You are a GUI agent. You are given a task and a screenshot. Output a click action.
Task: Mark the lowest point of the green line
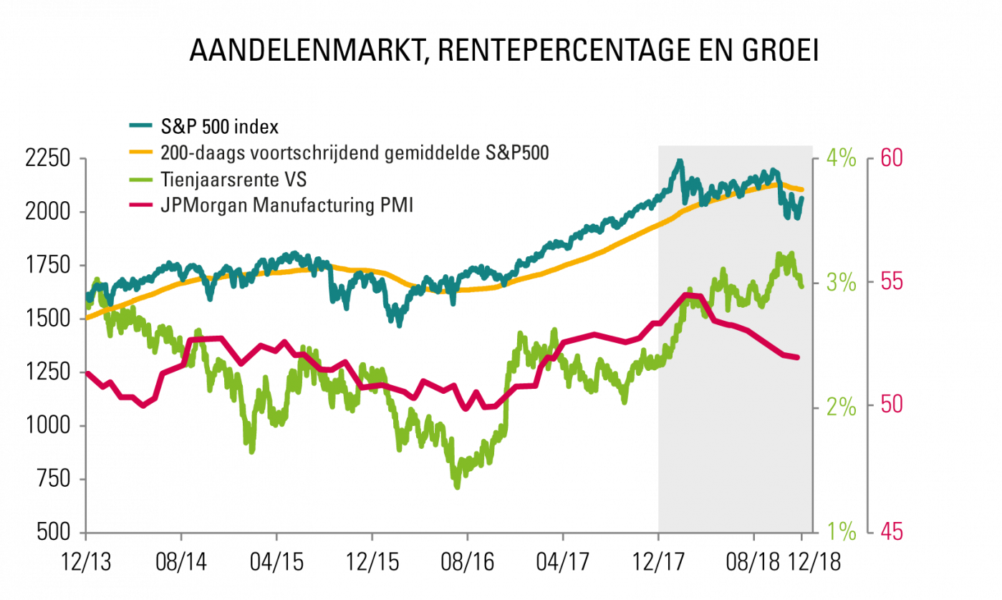[x=457, y=488]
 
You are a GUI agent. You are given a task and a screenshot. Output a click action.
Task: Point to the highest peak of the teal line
[x=678, y=162]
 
